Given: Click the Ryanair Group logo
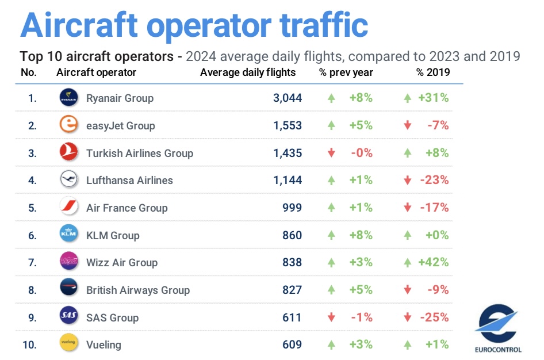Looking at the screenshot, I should tap(68, 98).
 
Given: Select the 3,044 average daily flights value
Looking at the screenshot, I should tap(288, 98).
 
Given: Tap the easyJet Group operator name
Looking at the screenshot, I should tap(120, 125).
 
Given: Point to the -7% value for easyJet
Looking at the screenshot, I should tap(438, 125).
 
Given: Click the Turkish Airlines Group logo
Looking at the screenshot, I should tap(68, 152).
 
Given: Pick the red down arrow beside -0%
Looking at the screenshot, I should tap(331, 153).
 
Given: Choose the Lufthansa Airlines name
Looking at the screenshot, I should tap(129, 180).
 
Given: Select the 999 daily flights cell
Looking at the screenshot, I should tap(292, 208).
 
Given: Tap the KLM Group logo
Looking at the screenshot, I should tap(68, 235).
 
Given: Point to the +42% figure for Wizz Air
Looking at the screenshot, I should tap(434, 262).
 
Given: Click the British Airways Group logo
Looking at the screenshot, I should tap(68, 289).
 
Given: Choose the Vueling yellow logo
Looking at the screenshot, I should tap(68, 344).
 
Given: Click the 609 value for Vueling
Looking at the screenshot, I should tap(292, 344).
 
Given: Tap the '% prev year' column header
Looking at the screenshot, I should tap(346, 72).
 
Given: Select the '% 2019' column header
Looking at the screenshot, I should tap(433, 72).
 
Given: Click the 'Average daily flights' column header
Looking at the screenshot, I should tap(248, 72).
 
